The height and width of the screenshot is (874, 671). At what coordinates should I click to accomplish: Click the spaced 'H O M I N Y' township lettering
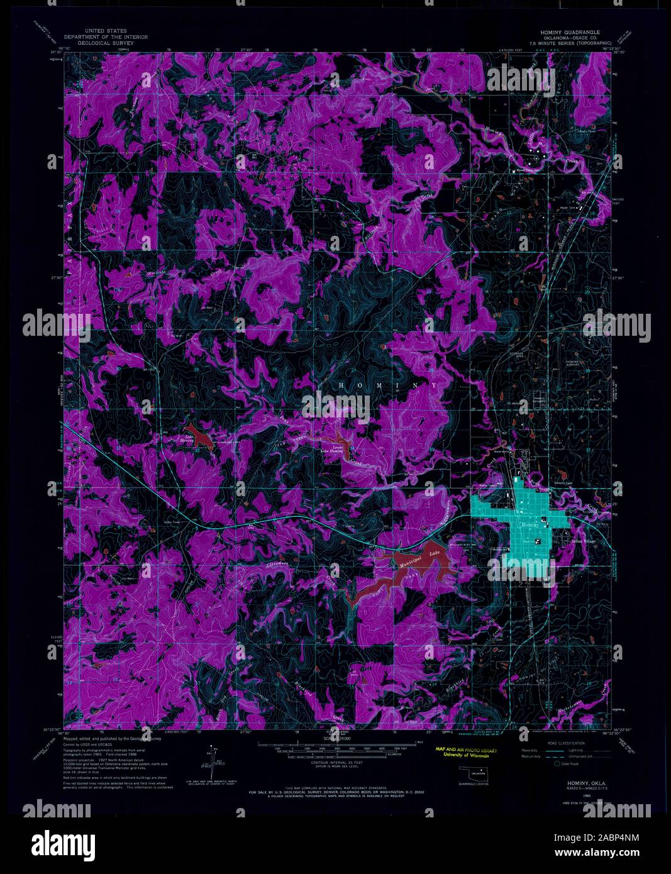coord(388,385)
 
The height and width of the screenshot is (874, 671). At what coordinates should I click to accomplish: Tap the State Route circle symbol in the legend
coord(557,765)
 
